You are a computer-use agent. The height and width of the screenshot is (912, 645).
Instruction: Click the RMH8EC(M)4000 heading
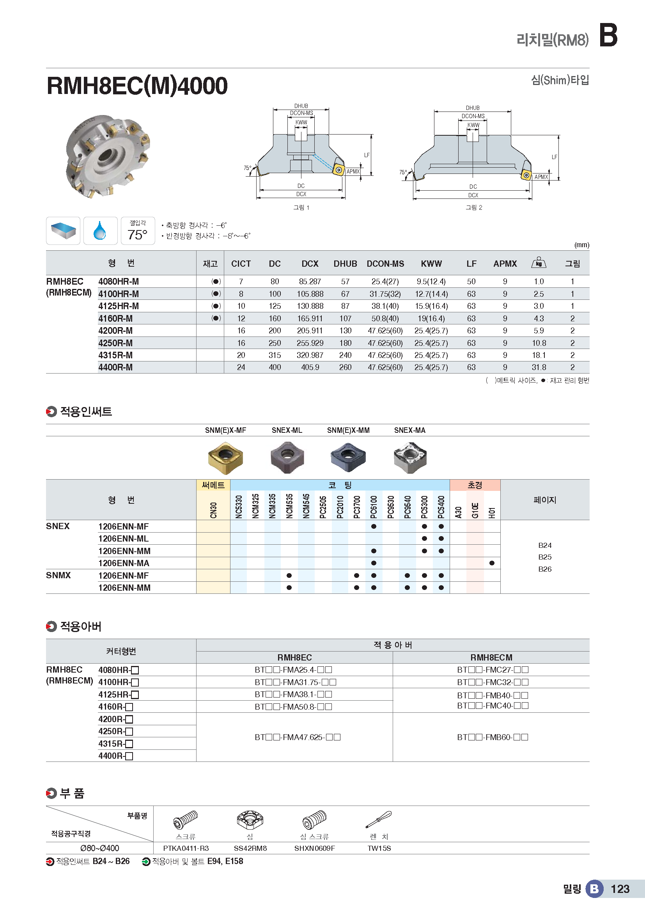pyautogui.click(x=137, y=86)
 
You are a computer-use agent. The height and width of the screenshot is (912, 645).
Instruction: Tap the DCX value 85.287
pyautogui.click(x=310, y=282)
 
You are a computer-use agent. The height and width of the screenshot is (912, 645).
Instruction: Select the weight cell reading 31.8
pyautogui.click(x=539, y=367)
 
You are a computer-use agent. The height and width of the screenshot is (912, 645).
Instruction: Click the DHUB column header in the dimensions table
pyautogui.click(x=345, y=264)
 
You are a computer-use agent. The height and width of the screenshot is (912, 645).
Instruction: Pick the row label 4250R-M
pyautogui.click(x=115, y=343)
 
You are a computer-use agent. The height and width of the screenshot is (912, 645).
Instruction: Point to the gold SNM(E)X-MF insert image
pyautogui.click(x=225, y=458)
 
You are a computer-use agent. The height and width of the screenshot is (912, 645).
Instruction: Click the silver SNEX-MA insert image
pyautogui.click(x=410, y=458)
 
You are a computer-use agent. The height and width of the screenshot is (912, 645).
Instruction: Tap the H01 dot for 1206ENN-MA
pyautogui.click(x=492, y=563)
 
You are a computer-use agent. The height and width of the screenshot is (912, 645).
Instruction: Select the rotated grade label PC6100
pyautogui.click(x=374, y=507)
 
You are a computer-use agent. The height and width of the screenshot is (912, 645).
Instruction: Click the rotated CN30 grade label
pyautogui.click(x=213, y=510)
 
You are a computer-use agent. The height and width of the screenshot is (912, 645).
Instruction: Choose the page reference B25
pyautogui.click(x=544, y=557)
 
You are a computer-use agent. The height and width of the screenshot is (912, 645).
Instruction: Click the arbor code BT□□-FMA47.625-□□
pyautogui.click(x=298, y=737)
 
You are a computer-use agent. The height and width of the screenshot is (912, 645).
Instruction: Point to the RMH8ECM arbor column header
pyautogui.click(x=491, y=658)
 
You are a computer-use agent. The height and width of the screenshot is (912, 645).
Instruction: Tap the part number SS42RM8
pyautogui.click(x=250, y=848)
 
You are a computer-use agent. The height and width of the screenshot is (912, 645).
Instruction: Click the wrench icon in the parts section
pyautogui.click(x=379, y=820)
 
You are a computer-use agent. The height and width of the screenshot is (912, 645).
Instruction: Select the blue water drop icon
pyautogui.click(x=100, y=231)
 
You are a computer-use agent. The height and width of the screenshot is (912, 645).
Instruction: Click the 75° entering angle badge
pyautogui.click(x=137, y=231)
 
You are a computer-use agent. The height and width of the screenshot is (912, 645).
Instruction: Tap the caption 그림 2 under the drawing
pyautogui.click(x=474, y=207)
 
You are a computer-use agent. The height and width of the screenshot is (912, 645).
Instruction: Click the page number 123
pyautogui.click(x=620, y=889)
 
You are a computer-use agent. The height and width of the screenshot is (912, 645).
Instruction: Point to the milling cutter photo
pyautogui.click(x=108, y=156)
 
